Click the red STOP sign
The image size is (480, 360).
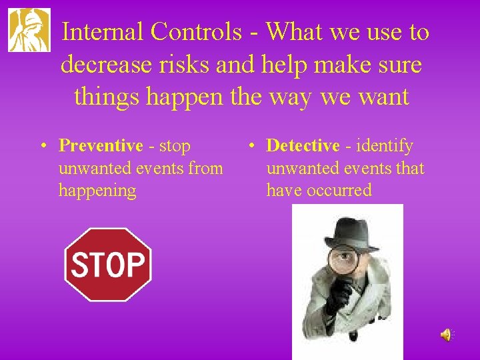click(x=107, y=265)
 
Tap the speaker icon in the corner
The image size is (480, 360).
click(x=445, y=335)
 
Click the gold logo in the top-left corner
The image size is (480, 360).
click(x=29, y=30)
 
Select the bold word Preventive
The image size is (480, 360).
click(x=101, y=146)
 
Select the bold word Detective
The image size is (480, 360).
click(x=303, y=146)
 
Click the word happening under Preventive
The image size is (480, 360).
click(x=97, y=191)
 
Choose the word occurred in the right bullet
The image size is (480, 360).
click(x=339, y=191)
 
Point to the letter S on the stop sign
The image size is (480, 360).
click(x=79, y=265)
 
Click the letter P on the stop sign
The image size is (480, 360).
click(x=135, y=265)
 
